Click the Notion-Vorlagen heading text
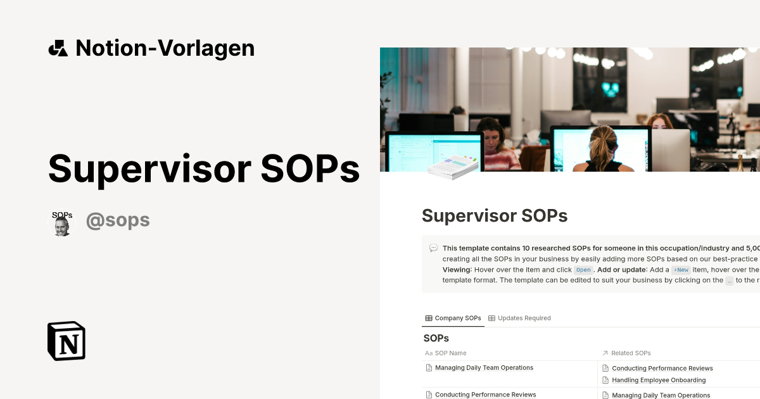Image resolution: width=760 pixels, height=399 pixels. (165, 48)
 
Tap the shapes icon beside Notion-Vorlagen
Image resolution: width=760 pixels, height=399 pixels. (58, 48)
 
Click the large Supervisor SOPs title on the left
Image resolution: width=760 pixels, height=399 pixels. (204, 168)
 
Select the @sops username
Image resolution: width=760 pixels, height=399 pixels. (118, 220)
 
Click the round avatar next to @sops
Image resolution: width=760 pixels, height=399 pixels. (61, 224)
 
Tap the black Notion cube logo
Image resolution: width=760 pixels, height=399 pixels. (66, 341)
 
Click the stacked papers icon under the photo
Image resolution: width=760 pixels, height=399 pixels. (452, 166)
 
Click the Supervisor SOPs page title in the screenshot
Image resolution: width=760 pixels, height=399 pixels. (495, 215)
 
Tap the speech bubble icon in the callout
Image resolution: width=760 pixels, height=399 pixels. (433, 248)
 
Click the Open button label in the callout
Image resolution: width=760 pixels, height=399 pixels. (583, 270)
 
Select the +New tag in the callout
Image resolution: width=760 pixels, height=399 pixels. (681, 270)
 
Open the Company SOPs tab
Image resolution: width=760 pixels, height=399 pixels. (453, 318)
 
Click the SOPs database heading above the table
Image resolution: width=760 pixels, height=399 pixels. (436, 338)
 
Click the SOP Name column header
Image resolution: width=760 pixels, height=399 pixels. (450, 353)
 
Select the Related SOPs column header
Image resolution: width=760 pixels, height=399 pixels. (631, 353)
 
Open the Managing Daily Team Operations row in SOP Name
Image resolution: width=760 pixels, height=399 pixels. (484, 367)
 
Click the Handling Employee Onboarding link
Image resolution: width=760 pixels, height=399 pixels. (659, 380)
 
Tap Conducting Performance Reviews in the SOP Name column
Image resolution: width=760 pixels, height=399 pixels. (485, 395)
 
